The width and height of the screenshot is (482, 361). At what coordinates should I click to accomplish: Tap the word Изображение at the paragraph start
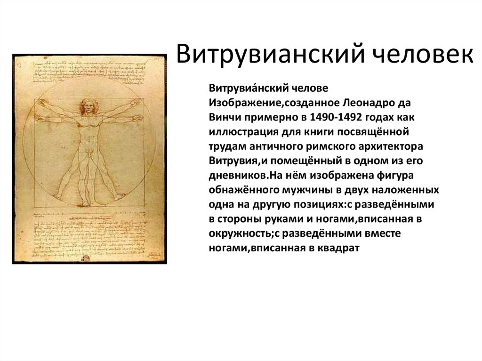[239, 103]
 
